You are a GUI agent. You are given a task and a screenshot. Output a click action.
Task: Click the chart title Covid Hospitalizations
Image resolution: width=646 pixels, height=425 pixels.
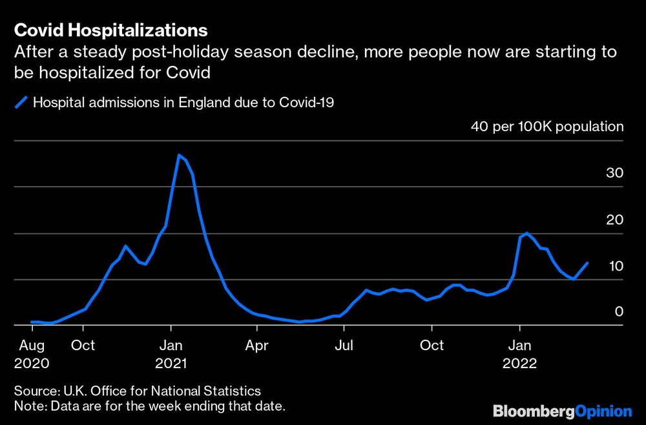[110, 30]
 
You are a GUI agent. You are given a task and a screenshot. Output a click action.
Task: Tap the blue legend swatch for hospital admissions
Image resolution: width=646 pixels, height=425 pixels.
[22, 102]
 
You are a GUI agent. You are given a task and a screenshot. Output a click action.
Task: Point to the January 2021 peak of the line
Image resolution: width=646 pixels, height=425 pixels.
[179, 155]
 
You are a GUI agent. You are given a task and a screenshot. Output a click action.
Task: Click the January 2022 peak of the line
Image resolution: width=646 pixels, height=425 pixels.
[527, 233]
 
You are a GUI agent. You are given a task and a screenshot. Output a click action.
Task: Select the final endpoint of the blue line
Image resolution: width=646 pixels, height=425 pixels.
[587, 263]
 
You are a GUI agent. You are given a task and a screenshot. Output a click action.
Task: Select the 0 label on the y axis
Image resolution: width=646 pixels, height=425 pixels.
[618, 311]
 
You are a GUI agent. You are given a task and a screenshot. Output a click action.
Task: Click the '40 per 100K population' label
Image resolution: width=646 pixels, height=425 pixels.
[547, 127]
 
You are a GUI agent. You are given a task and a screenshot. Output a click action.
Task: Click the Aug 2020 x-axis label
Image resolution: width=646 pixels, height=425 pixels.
[32, 354]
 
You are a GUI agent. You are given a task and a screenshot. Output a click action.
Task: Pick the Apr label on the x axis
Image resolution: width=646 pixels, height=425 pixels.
[256, 346]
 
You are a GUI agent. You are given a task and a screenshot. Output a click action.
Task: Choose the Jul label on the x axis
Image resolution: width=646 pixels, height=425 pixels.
[344, 346]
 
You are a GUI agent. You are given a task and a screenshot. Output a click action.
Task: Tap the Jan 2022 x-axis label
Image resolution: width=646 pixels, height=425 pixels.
[519, 354]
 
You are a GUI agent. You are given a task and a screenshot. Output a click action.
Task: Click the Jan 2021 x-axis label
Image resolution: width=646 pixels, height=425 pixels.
[171, 354]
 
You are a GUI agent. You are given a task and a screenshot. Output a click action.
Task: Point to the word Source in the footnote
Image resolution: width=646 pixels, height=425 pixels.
[34, 391]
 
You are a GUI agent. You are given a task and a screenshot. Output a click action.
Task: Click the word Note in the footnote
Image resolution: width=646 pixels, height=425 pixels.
[28, 406]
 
